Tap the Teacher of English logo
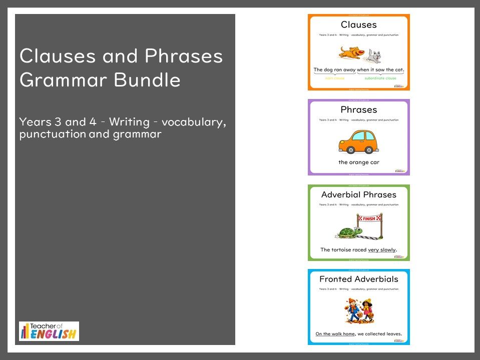click(49, 331)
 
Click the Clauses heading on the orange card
click(358, 24)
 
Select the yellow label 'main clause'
click(335, 78)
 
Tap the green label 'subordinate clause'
click(380, 78)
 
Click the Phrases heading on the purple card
click(358, 109)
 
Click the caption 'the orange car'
click(358, 162)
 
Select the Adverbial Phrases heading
click(358, 194)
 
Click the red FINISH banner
click(369, 218)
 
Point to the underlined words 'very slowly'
click(382, 249)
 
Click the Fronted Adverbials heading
click(358, 279)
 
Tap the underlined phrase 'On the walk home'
click(335, 334)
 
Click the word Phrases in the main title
click(183, 56)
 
